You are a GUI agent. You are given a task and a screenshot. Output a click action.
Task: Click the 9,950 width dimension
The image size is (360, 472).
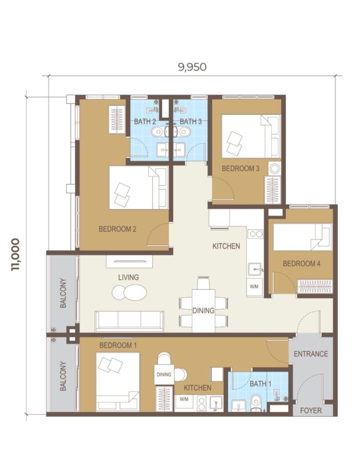[x=192, y=67]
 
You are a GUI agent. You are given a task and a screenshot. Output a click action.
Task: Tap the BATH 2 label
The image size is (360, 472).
[x=145, y=121]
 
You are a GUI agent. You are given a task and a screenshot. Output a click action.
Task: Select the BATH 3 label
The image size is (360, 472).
[x=191, y=121]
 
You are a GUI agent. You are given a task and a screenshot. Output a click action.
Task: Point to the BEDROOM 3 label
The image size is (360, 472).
[x=240, y=168]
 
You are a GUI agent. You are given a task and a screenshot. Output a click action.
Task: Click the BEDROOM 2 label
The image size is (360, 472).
[x=117, y=229]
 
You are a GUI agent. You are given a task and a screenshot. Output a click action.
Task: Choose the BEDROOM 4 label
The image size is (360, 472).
[x=302, y=264]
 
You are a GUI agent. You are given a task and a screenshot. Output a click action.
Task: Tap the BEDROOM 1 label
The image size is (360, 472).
[x=118, y=345]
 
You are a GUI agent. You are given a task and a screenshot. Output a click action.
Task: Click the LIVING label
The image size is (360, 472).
[x=129, y=277]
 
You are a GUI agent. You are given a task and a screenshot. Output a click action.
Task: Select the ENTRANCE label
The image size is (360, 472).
[x=311, y=354]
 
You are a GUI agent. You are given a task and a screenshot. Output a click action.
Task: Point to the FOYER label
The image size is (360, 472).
[x=311, y=410]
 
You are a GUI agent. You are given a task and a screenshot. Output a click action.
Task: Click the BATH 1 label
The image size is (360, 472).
[x=260, y=384]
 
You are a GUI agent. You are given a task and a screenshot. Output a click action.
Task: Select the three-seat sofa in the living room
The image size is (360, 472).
[x=130, y=321]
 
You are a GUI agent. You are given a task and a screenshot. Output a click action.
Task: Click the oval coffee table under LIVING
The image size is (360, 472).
[x=130, y=293]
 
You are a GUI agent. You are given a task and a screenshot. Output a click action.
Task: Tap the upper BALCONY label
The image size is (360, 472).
[x=63, y=293]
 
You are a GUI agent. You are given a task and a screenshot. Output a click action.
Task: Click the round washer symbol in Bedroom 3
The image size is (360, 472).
[x=274, y=169]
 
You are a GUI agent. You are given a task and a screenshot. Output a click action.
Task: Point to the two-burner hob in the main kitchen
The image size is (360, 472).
[x=255, y=234]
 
